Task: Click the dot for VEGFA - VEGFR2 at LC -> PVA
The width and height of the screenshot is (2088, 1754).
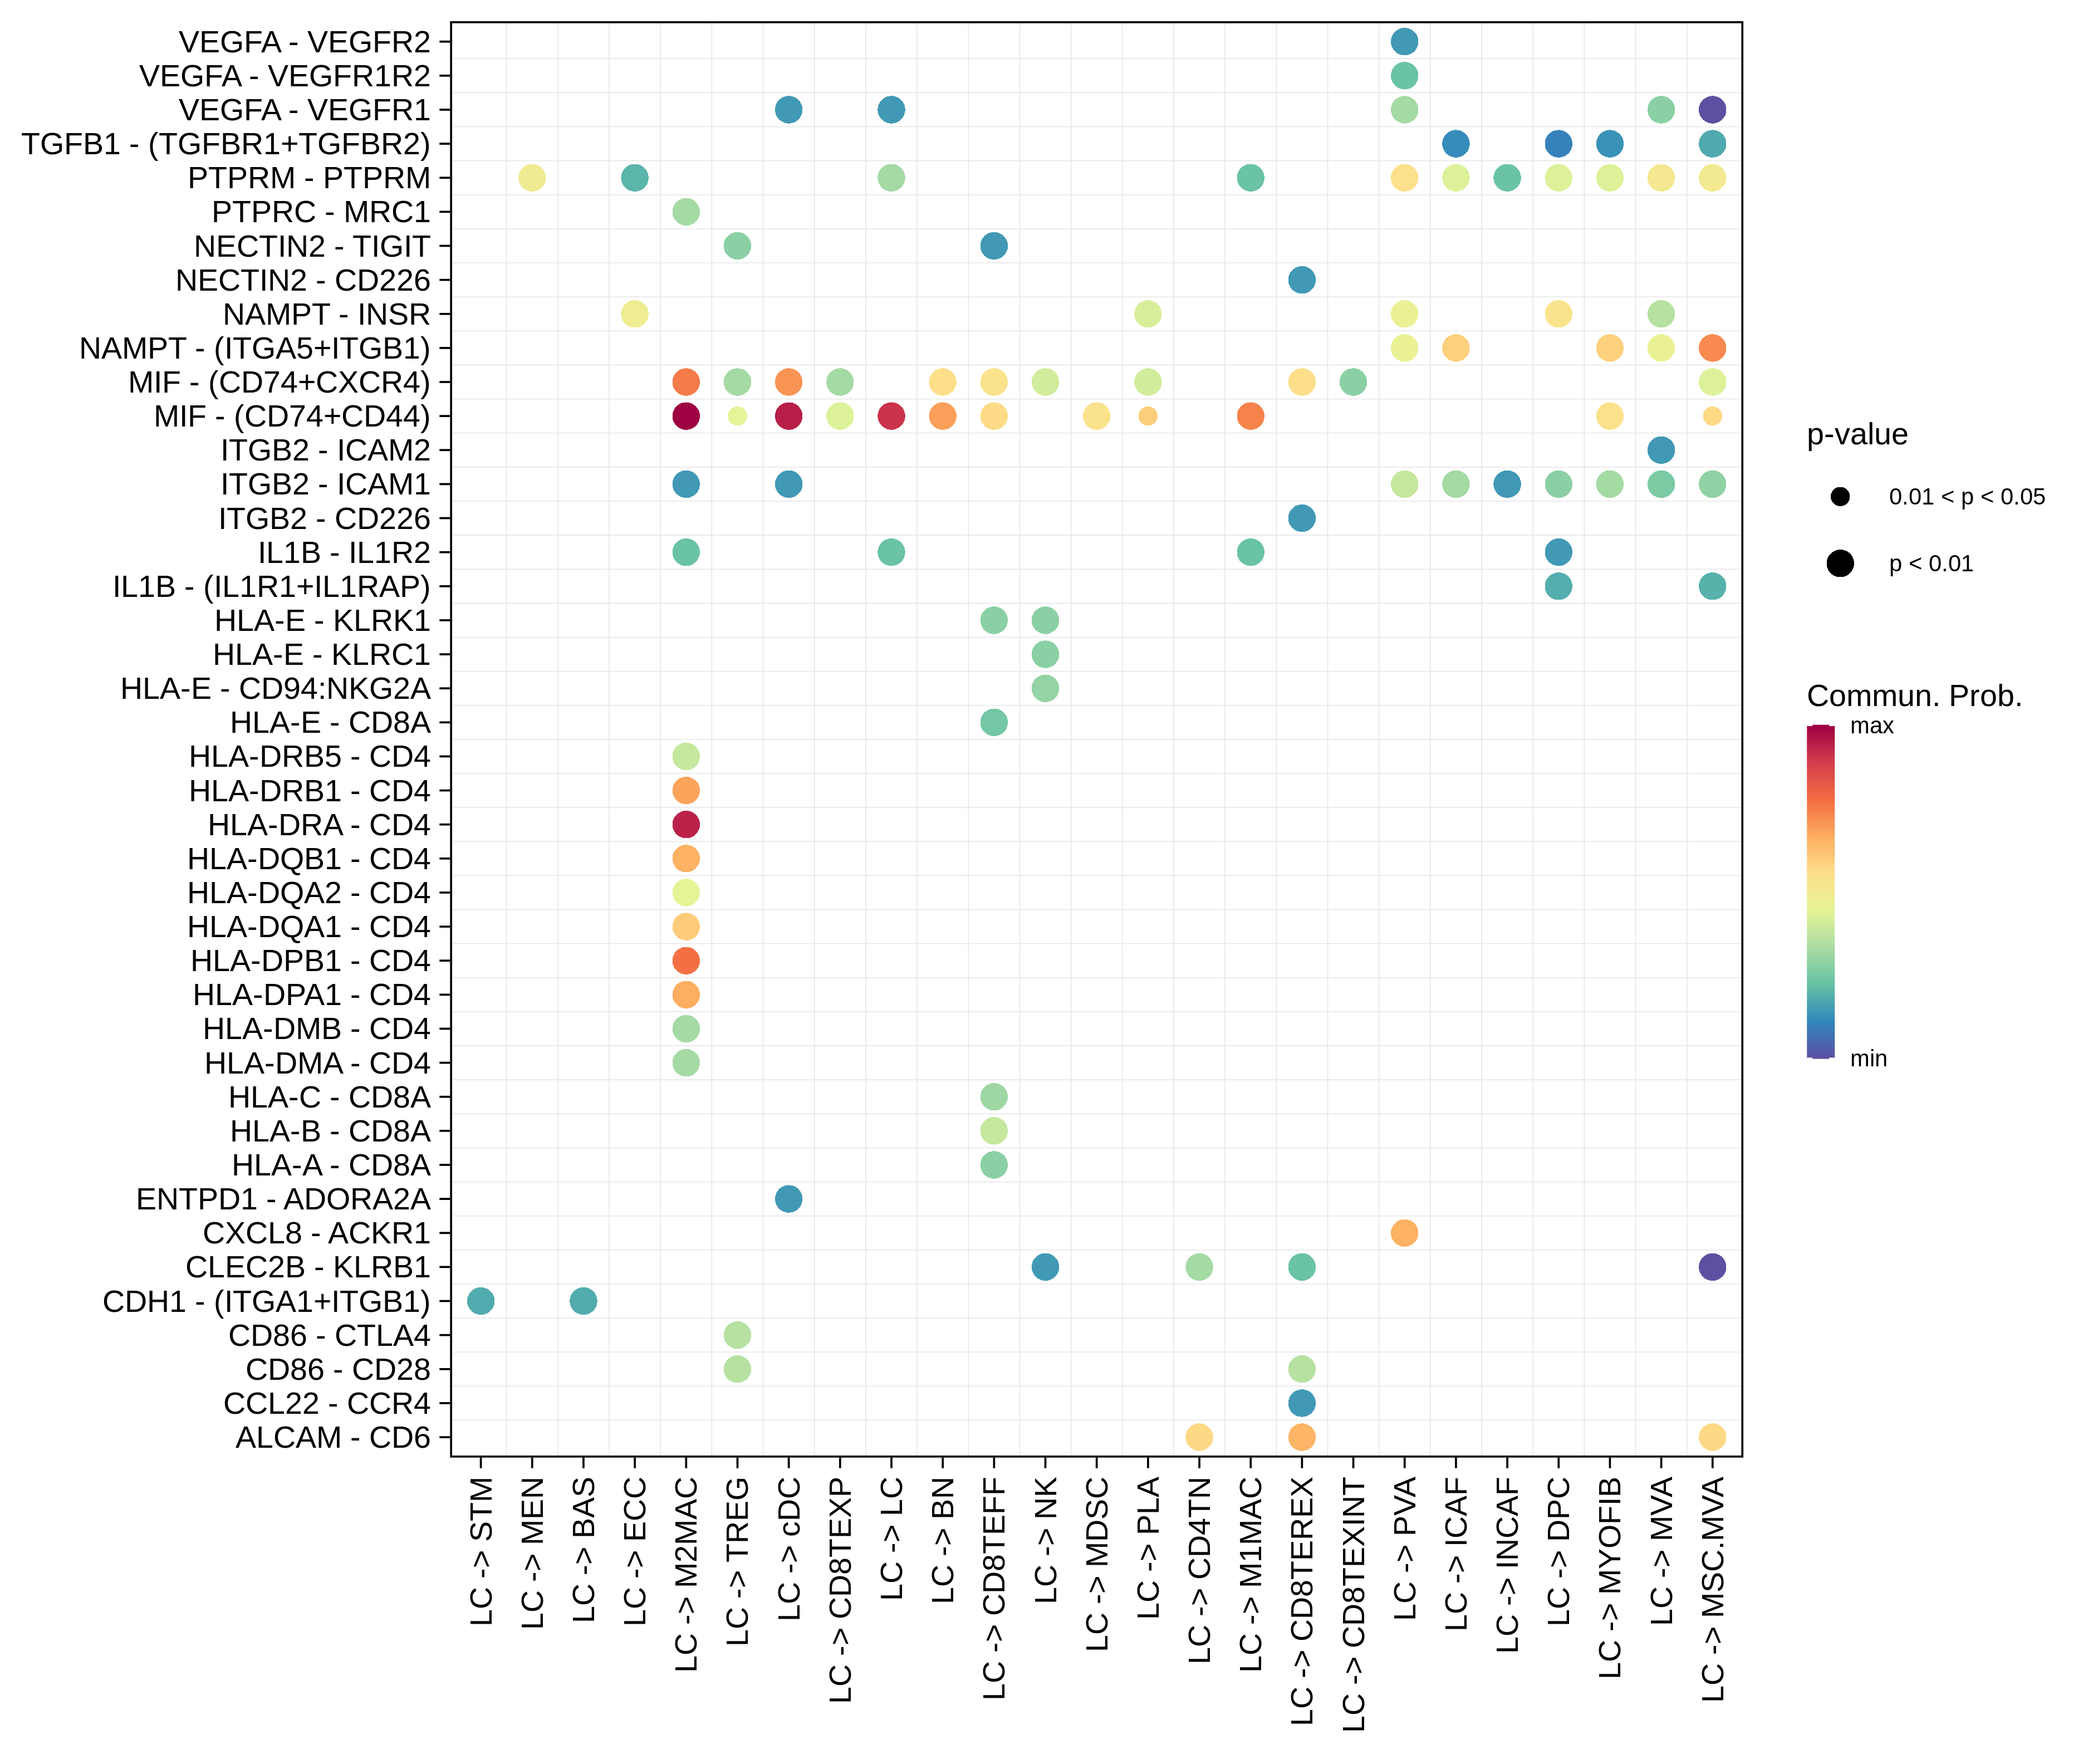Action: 1404,42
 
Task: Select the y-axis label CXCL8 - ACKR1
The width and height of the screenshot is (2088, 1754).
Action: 316,1233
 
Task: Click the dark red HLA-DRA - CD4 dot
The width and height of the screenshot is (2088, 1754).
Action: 686,824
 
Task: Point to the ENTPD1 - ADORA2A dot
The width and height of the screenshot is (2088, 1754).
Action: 788,1199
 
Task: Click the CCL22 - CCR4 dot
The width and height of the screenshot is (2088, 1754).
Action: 1302,1403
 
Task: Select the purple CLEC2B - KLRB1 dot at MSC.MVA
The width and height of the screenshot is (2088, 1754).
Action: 1712,1267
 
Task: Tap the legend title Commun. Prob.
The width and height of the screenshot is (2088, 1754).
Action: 1914,696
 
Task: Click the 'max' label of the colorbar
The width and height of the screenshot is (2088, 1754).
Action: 1871,727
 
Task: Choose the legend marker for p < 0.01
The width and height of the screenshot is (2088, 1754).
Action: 1840,564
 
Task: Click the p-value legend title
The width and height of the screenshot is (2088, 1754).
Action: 1856,434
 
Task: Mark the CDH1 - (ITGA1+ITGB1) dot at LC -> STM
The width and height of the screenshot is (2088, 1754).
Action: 480,1301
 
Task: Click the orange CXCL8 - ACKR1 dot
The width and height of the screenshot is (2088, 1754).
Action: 1404,1233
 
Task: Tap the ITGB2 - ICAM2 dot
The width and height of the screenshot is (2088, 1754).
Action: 1660,450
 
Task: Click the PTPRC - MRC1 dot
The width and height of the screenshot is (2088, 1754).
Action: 686,212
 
